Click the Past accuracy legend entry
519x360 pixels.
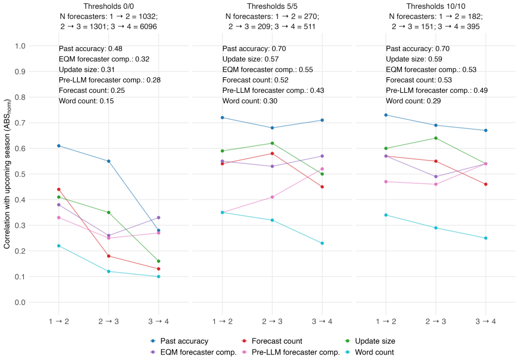179,341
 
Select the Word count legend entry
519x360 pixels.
369,352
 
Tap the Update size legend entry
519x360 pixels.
370,341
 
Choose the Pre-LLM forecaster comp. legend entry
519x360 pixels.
291,352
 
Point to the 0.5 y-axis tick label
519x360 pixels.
20,174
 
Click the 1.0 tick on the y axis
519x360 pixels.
20,46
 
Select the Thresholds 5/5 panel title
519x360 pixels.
272,6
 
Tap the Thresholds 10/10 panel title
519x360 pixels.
436,6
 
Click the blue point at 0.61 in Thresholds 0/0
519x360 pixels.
59,146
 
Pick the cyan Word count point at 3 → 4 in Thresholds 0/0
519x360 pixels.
159,277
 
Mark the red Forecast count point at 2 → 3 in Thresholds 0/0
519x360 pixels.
109,256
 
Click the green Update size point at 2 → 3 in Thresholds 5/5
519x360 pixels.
273,143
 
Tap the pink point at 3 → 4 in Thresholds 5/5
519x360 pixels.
322,169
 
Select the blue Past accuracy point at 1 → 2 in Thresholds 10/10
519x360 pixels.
386,115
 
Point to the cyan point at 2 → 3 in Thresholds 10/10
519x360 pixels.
436,228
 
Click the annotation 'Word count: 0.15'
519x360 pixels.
87,101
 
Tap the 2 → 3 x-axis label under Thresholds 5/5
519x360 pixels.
272,321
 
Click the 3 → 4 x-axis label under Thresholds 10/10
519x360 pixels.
486,321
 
